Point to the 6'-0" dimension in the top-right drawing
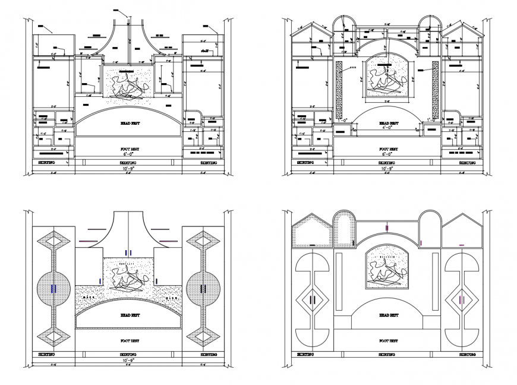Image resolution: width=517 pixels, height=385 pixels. click(x=387, y=154)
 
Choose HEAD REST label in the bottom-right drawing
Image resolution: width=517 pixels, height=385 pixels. click(x=387, y=316)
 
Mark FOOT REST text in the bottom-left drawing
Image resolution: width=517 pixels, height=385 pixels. click(x=128, y=341)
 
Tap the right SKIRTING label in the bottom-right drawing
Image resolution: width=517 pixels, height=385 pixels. click(x=467, y=355)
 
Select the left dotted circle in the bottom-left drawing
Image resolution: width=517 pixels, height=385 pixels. click(x=54, y=289)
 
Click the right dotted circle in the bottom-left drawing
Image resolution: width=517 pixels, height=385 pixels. click(x=203, y=289)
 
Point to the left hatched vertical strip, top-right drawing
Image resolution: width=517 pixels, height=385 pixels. click(x=339, y=89)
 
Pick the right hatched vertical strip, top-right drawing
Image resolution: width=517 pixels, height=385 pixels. click(x=435, y=89)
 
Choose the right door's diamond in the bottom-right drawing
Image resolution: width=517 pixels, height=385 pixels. click(x=461, y=299)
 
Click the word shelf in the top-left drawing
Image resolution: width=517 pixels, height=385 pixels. click(x=204, y=52)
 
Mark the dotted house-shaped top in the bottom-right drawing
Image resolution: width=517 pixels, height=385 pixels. click(x=312, y=233)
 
